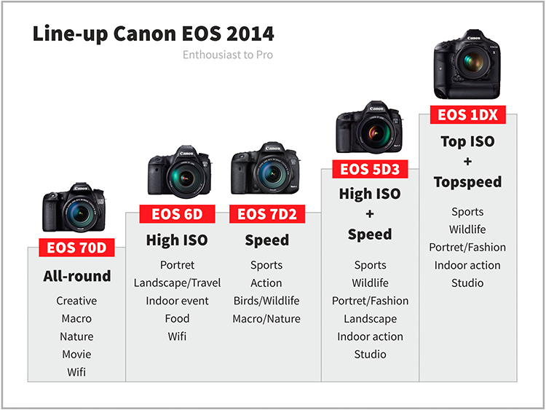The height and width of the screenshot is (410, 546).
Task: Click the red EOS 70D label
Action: [x=76, y=248]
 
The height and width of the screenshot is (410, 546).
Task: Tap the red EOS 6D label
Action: [x=177, y=214]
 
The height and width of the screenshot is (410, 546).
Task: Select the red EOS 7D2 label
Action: [x=267, y=214]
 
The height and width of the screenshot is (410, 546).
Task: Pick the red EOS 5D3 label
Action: [x=370, y=169]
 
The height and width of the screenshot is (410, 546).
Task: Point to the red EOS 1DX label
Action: [x=467, y=114]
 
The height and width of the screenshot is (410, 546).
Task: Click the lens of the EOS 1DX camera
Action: [x=473, y=62]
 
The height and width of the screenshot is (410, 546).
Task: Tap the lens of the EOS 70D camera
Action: [x=80, y=212]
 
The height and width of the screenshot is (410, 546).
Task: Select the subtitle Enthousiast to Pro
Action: [x=228, y=55]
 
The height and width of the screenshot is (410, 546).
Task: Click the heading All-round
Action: [x=77, y=276]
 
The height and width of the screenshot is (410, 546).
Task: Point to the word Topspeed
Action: [x=467, y=182]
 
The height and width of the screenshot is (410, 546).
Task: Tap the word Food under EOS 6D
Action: [x=177, y=318]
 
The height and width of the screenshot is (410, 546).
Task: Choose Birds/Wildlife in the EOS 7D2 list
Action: [x=266, y=301]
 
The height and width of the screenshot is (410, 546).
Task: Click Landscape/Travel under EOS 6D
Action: [x=177, y=283]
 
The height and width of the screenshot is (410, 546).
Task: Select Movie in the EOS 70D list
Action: [x=76, y=354]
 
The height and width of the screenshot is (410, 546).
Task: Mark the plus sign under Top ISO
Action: [x=467, y=161]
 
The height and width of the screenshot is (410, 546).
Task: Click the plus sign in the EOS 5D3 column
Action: [x=370, y=213]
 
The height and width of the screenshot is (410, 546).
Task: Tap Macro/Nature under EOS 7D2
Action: [x=266, y=319]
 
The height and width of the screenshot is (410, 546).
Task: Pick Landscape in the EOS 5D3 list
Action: [x=370, y=319]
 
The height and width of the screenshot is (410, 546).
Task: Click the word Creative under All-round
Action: [x=76, y=301]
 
